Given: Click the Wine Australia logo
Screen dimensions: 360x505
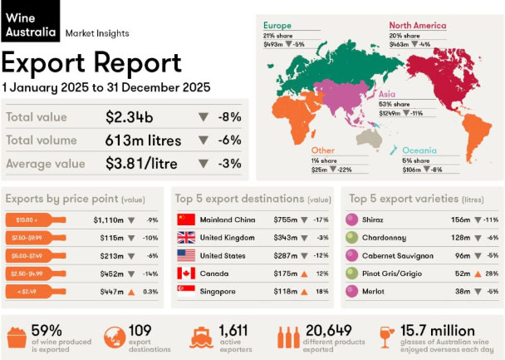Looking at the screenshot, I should coord(30,22).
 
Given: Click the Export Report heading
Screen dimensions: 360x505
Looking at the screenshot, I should coord(92,62).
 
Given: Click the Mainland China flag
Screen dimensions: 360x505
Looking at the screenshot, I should coord(186,219).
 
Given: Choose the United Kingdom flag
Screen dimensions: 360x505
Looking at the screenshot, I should coord(186,238).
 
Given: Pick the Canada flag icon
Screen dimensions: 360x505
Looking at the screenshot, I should coord(186,273).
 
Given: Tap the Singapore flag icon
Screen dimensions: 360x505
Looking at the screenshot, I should coord(186,290).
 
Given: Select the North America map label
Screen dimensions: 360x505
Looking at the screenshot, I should coord(418,25).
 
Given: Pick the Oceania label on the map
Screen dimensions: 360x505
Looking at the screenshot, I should coord(420,150).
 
